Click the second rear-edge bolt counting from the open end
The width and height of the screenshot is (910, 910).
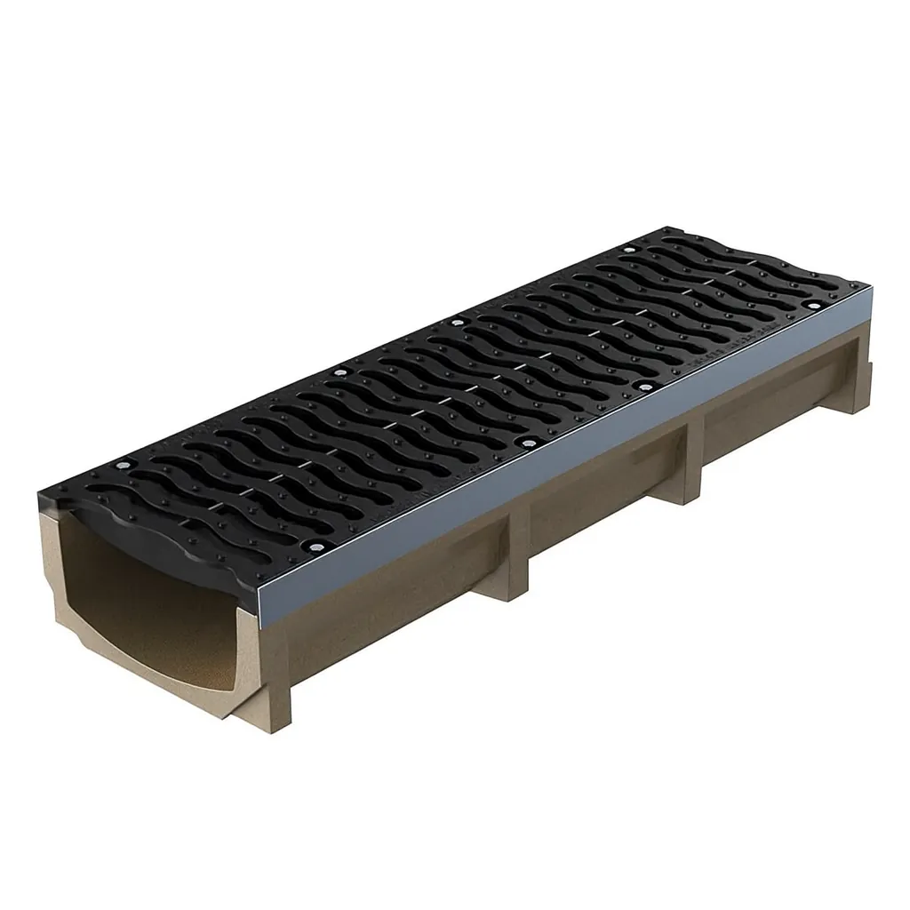point(338,372)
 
